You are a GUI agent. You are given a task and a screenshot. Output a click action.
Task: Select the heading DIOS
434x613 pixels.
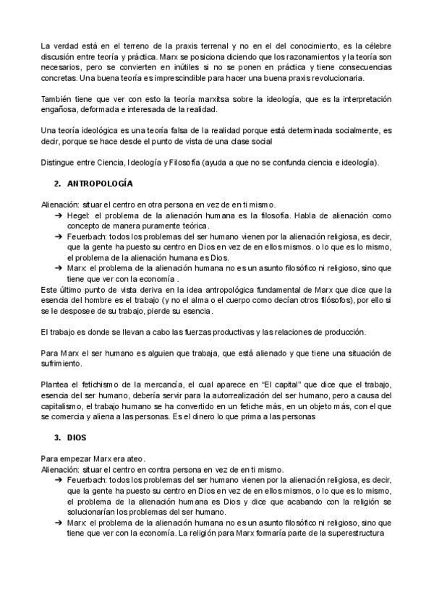76,438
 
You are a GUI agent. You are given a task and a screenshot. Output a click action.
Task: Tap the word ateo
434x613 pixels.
135,458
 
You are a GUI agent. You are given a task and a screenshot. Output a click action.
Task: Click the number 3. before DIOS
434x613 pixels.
58,438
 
